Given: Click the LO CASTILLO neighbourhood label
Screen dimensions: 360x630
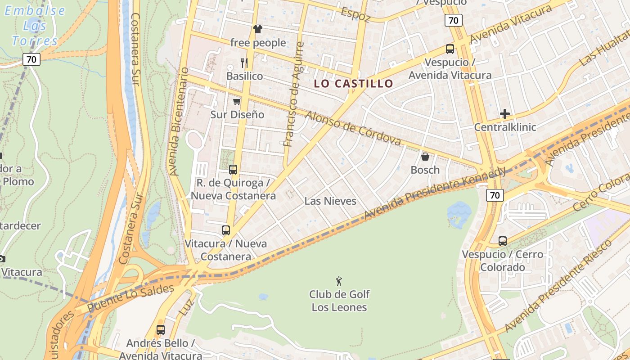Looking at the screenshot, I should (x=353, y=83).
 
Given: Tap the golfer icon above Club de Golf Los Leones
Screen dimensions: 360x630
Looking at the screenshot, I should (x=339, y=282).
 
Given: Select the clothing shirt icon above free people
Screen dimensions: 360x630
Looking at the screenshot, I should (x=257, y=30).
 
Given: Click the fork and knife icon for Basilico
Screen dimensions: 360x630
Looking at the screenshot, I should (x=244, y=63).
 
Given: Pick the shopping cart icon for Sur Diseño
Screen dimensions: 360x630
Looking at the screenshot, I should (x=237, y=102).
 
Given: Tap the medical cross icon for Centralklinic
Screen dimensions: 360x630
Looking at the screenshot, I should (x=505, y=114).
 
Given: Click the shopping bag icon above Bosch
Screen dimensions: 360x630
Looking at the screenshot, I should (x=425, y=157).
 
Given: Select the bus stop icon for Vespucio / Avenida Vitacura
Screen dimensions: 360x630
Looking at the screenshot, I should (x=450, y=49).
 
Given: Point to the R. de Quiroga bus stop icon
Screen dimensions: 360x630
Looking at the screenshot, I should (x=233, y=170).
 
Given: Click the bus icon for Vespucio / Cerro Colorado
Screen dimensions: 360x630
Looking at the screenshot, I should (x=502, y=241).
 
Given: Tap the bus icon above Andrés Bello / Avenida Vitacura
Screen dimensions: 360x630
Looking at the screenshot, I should (x=160, y=330).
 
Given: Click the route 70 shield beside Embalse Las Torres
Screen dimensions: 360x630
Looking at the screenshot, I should (x=31, y=59).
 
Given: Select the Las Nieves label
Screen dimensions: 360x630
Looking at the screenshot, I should (x=330, y=201).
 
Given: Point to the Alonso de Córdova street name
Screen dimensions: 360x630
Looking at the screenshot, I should (x=353, y=128).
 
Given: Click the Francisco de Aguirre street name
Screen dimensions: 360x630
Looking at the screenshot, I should (x=294, y=94).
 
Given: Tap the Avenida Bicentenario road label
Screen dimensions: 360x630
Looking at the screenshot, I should (x=178, y=121).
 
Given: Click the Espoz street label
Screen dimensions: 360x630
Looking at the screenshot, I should (x=355, y=14).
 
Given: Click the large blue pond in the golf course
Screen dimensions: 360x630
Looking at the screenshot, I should (x=459, y=211).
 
